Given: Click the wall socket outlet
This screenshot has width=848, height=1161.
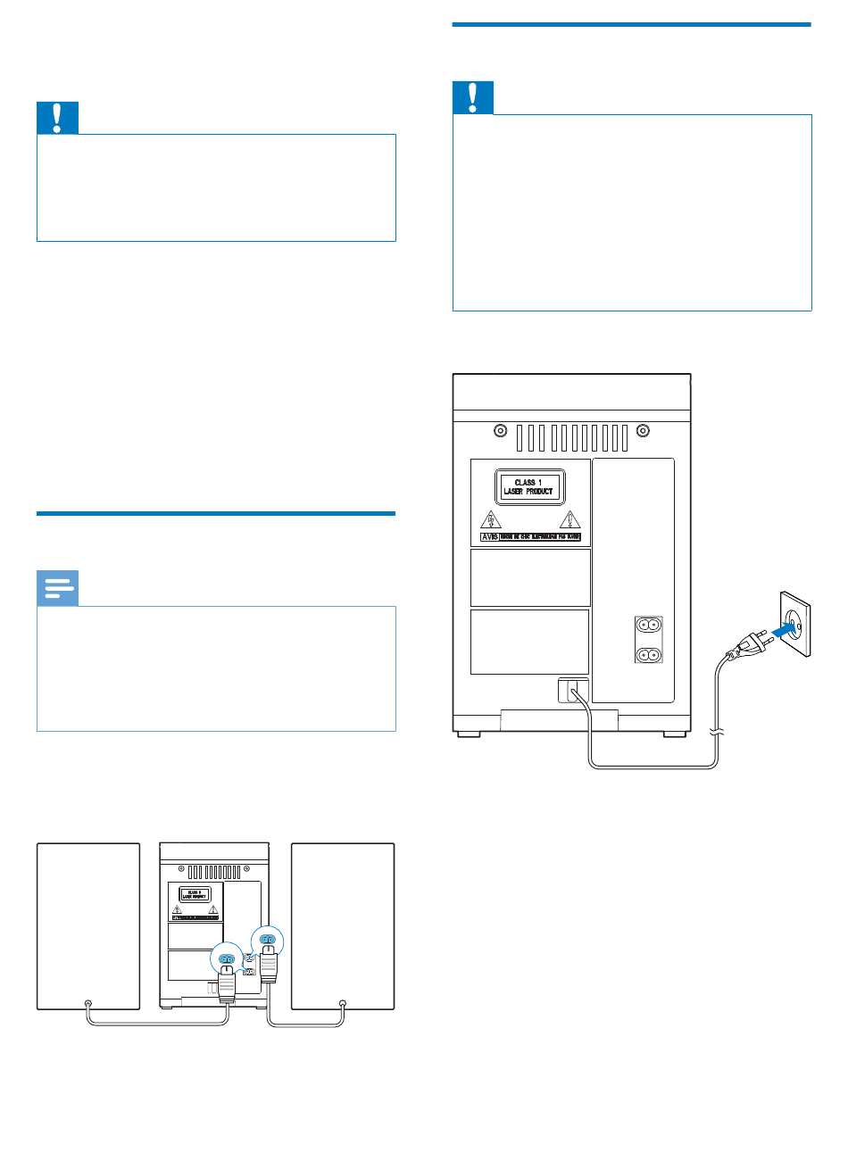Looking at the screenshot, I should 794,623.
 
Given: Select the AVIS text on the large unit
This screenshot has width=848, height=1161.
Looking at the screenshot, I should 489,537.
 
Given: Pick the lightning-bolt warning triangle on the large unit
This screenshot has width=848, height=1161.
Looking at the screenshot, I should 491,519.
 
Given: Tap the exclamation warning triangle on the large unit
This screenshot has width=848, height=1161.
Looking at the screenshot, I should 569,519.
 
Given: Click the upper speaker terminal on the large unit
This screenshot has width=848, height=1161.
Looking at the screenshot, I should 649,626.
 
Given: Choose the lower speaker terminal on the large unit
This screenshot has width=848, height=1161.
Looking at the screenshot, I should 649,654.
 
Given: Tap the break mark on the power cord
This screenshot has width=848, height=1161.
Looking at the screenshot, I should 717,733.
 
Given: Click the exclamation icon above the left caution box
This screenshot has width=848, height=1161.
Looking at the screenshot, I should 57,118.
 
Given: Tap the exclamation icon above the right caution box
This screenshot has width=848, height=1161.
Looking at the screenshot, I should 473,97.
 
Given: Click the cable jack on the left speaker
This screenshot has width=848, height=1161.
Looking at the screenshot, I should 87,1003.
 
